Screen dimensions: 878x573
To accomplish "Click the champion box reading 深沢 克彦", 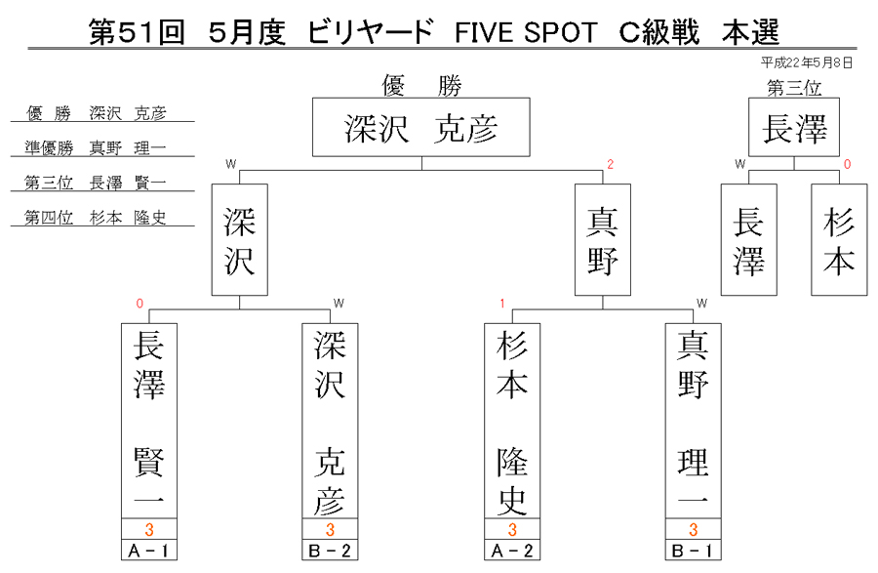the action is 421,127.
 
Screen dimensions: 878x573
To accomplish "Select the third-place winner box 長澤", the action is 794,127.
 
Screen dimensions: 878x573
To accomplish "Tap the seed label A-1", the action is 149,551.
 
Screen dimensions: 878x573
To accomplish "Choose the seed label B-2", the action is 330,551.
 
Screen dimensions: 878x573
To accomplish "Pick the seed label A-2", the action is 512,551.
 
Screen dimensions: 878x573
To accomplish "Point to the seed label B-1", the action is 694,551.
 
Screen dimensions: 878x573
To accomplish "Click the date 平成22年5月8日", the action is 807,62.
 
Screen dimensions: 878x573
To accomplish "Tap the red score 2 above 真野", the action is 611,164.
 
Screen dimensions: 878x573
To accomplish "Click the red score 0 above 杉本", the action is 847,164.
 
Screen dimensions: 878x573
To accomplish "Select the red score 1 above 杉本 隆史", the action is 502,304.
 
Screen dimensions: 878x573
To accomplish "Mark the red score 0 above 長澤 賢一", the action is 140,304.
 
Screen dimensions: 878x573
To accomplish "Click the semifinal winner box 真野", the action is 603,240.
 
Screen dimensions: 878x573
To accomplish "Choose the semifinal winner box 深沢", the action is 240,240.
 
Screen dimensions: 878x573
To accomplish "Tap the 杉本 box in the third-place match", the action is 839,240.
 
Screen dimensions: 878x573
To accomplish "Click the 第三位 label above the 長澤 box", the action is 794,88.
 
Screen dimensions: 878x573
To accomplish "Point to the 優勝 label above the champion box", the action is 421,86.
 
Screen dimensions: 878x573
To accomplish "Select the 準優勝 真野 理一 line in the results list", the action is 96,147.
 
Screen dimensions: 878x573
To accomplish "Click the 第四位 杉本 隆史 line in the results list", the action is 96,218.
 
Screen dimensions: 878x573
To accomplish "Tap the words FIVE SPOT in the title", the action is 526,32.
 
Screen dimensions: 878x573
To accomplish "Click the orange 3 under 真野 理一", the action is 694,529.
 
